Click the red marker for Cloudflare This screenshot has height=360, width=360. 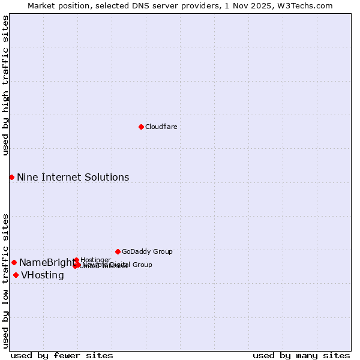141,127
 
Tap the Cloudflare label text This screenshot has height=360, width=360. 161,127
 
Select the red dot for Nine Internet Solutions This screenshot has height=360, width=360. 11,177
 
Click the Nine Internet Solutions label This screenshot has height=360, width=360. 73,177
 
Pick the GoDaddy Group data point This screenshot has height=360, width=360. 118,251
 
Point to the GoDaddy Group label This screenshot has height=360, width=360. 147,251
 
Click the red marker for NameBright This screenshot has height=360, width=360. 14,262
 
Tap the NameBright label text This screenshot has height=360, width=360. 47,262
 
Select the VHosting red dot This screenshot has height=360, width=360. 16,275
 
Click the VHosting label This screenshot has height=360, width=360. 42,275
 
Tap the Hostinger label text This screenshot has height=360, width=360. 95,260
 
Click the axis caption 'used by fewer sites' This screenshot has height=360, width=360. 62,355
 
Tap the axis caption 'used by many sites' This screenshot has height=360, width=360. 301,355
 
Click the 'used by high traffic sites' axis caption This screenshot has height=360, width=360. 5,85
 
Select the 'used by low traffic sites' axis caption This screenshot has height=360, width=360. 5,280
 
